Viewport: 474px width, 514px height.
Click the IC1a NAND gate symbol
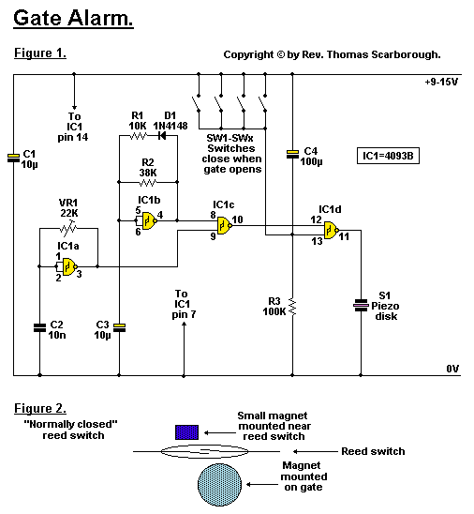(69, 266)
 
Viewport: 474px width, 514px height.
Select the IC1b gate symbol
(150, 220)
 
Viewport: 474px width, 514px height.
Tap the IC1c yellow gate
(225, 225)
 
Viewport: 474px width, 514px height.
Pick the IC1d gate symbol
(332, 230)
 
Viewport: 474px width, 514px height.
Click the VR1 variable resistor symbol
(68, 228)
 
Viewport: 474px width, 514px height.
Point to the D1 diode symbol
(162, 135)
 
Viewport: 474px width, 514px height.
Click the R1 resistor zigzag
(138, 135)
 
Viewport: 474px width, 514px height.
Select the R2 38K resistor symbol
(148, 182)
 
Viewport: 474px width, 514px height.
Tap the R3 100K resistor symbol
(292, 307)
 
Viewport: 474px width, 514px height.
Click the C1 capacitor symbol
(13, 159)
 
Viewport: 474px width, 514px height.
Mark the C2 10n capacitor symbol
(39, 327)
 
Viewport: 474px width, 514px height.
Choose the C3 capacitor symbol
(119, 327)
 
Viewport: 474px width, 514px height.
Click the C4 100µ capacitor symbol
(292, 154)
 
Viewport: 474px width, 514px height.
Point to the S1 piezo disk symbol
(361, 306)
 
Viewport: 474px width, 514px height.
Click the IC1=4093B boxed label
(388, 156)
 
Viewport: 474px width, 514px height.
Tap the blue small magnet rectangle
(187, 432)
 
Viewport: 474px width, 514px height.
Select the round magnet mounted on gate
(219, 485)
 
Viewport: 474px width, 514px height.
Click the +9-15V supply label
(441, 82)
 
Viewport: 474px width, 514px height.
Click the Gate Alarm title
(73, 18)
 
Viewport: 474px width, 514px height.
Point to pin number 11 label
(344, 236)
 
